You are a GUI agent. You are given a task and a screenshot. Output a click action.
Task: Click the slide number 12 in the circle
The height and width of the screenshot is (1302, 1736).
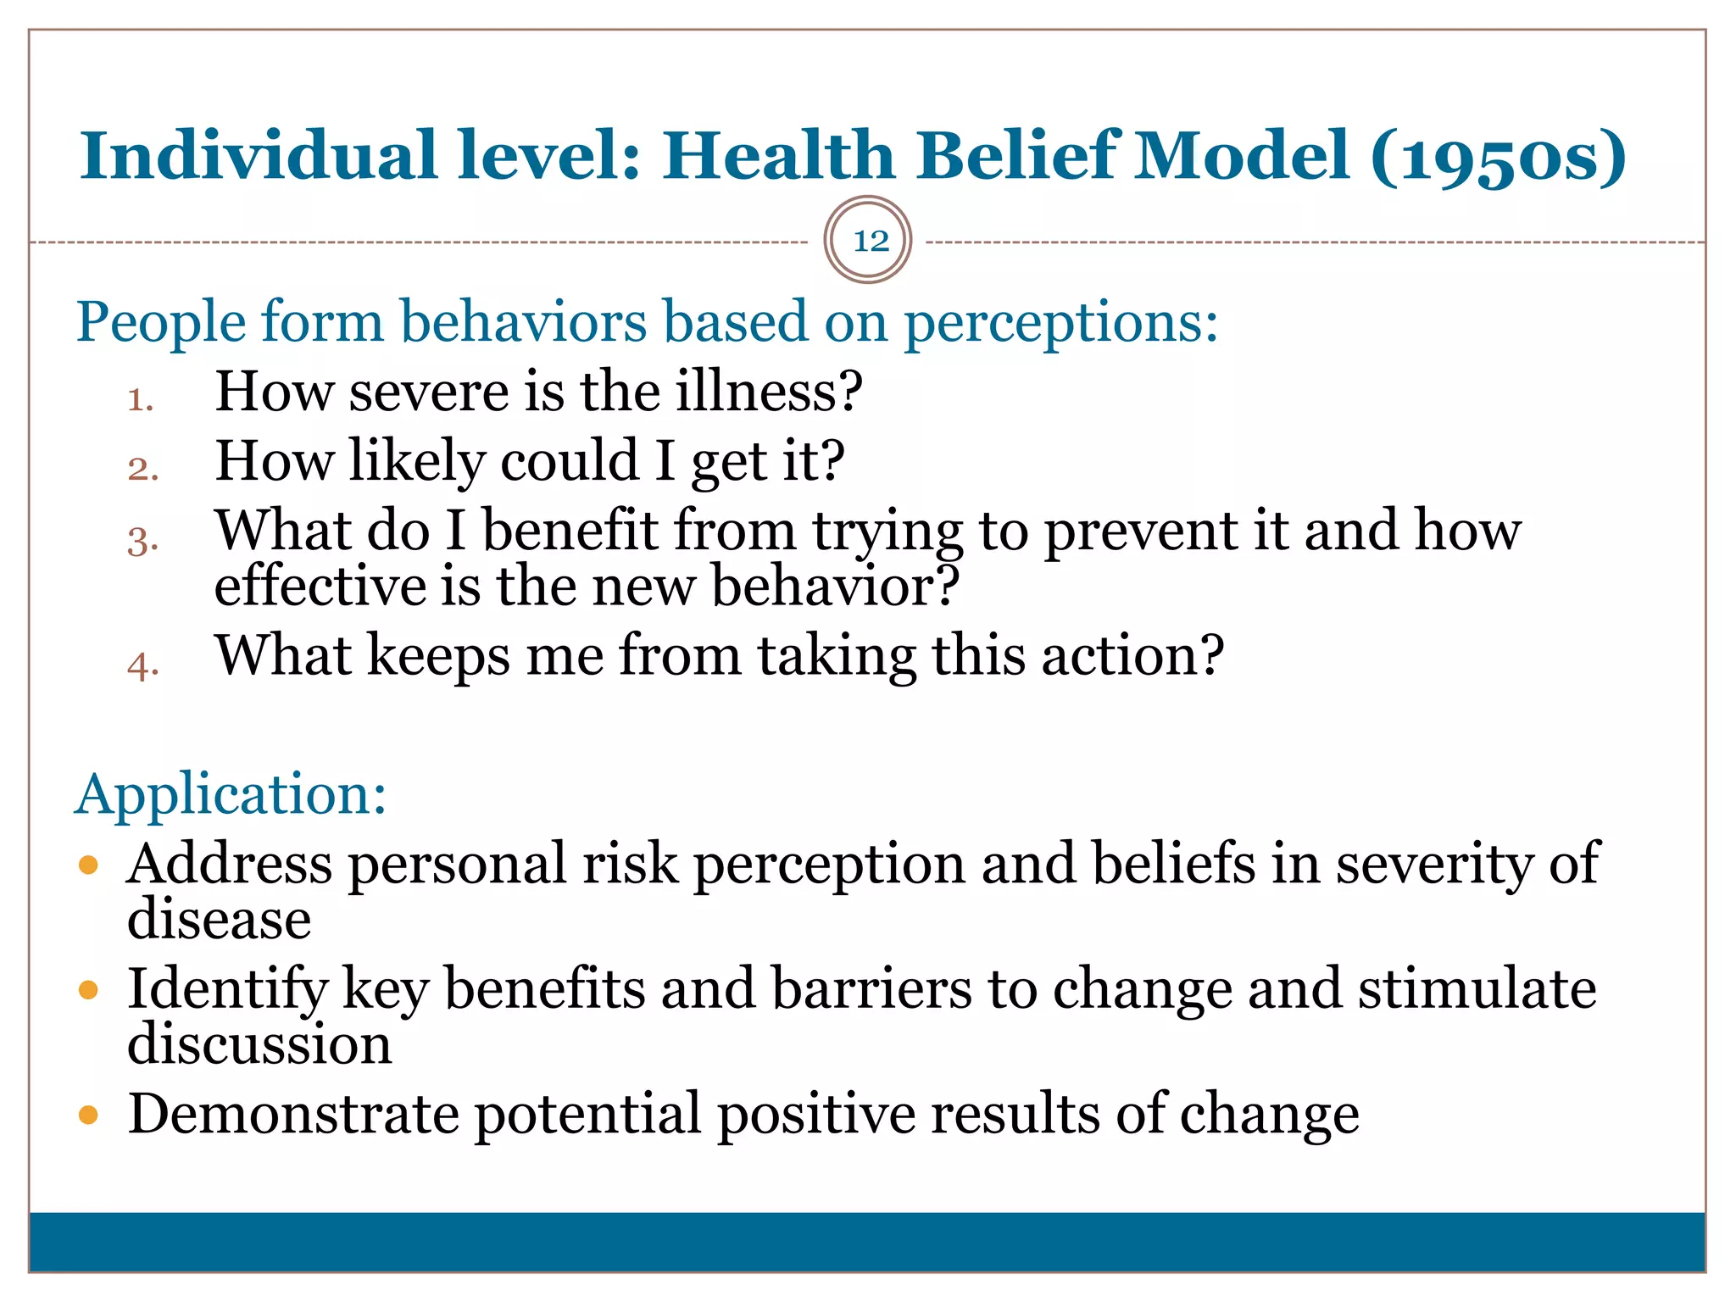870,242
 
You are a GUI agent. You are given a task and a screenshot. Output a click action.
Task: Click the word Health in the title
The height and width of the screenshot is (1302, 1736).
777,156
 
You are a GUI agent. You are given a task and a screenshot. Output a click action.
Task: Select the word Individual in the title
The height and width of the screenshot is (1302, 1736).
259,156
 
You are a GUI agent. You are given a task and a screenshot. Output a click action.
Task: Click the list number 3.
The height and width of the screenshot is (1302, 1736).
142,540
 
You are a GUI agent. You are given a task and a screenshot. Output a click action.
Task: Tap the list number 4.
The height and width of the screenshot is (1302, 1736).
142,665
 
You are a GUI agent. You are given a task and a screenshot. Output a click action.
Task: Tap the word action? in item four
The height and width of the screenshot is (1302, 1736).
1132,657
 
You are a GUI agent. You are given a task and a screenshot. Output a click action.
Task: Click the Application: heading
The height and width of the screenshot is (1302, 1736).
231,795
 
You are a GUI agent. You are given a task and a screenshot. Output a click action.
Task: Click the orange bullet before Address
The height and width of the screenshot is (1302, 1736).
88,865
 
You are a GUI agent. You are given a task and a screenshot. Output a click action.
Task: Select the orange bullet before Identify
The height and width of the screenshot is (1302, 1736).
88,989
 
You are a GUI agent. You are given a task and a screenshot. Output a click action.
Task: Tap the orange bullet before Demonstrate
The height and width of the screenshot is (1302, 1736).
88,1114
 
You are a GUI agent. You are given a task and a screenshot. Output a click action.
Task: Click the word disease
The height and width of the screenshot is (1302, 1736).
219,920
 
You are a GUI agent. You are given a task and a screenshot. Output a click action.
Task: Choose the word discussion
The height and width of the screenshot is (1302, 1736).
259,1044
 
